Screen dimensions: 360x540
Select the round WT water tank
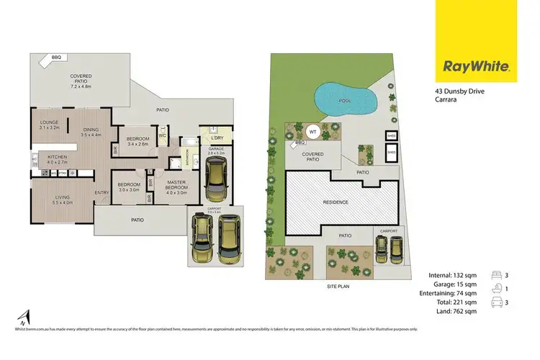click(x=312, y=132)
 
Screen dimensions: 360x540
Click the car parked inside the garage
click(x=216, y=180)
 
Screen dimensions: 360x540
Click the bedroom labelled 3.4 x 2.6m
click(x=138, y=141)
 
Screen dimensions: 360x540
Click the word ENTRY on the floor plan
click(x=101, y=192)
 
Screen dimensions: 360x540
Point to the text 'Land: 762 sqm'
click(x=452, y=312)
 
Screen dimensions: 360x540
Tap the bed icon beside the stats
click(x=497, y=274)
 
